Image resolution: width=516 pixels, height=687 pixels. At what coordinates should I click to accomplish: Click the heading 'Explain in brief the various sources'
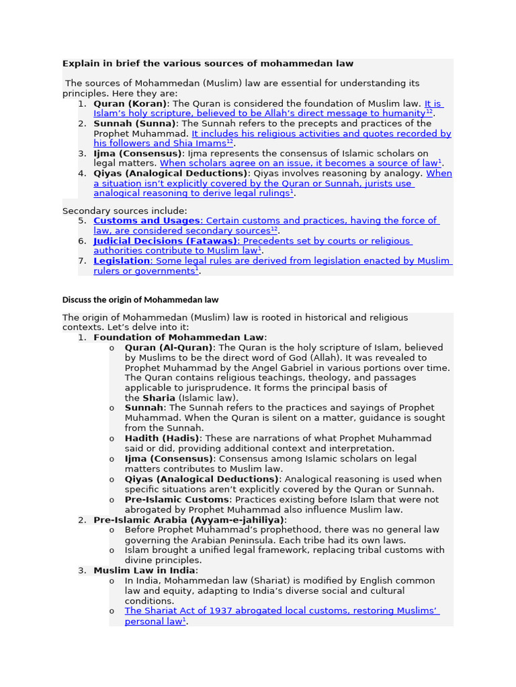point(208,64)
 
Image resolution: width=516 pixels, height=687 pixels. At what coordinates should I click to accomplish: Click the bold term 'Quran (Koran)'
point(130,104)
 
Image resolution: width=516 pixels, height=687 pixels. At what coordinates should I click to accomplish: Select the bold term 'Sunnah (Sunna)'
point(134,123)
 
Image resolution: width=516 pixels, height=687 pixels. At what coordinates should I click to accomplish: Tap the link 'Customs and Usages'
point(146,221)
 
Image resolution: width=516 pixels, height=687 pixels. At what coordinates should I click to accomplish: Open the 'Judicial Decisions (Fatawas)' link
point(165,241)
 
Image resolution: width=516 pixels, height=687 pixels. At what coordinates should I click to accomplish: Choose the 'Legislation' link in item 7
point(122,261)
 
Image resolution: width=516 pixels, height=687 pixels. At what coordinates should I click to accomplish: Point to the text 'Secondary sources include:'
point(125,211)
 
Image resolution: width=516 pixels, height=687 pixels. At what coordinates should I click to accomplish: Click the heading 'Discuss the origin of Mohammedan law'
point(140,300)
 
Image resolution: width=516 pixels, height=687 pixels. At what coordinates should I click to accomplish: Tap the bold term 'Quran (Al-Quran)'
point(169,348)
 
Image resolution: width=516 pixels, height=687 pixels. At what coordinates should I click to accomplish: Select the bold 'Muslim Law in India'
point(145,570)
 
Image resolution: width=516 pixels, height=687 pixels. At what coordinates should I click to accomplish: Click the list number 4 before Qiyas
point(82,174)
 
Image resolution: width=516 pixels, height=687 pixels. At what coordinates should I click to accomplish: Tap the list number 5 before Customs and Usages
point(82,221)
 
